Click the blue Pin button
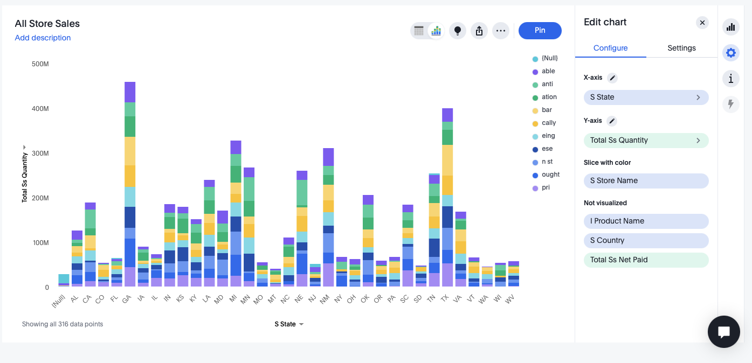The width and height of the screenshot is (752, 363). (540, 31)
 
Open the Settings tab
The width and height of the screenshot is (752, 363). (681, 48)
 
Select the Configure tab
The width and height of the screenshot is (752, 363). (610, 48)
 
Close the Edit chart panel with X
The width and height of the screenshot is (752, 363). (702, 23)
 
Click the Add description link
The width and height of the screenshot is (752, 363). (43, 38)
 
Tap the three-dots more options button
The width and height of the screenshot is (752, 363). (501, 31)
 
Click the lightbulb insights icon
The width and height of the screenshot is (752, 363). (458, 31)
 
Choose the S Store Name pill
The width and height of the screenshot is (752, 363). (646, 181)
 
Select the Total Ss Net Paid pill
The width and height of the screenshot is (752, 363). (646, 260)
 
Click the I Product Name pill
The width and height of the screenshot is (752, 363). (646, 221)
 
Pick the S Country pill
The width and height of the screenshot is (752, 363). (646, 240)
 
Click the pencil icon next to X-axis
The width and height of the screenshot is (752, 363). (612, 78)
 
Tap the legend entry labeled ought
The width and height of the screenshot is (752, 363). (550, 174)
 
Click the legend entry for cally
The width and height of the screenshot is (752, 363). (549, 123)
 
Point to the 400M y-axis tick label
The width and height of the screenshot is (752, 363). (40, 109)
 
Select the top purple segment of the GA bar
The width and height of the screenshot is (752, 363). (130, 92)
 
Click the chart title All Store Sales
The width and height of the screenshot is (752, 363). (47, 24)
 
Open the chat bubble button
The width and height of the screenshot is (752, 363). (724, 332)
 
